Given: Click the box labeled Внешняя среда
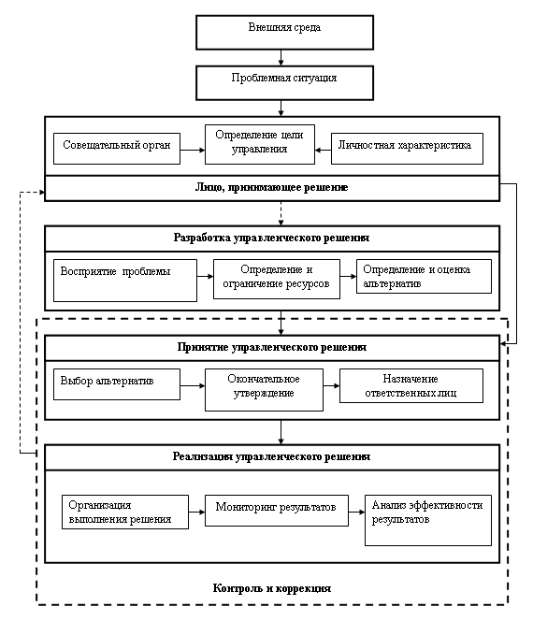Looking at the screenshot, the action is coord(284,33).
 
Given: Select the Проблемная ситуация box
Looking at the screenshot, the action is coord(284,83).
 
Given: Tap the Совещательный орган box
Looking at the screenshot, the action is coord(117,149).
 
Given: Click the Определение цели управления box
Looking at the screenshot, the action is coord(260,145).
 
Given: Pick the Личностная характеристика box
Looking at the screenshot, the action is coord(407,149).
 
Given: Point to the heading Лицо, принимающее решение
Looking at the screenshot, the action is coord(272,187).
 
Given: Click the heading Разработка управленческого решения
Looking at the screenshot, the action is coord(272,238).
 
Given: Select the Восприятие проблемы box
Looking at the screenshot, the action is coord(125,281).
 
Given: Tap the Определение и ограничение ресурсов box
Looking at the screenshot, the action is coord(277,279).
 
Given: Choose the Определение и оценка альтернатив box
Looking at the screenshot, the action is coord(424,276).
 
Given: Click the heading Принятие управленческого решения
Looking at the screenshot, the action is coord(272,347).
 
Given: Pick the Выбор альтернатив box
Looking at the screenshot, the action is coord(117,384).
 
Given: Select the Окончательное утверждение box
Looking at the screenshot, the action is coord(264,390).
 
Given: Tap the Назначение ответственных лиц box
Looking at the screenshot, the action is coord(411,385).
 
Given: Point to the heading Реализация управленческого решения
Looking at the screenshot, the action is coord(272,456).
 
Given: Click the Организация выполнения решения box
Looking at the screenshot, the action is coord(125,512).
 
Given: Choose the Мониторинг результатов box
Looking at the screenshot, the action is coord(277,510).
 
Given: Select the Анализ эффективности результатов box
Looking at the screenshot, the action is coord(427,520).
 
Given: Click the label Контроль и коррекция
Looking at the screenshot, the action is coord(272,588).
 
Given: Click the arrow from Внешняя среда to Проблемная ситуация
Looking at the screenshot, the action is coord(281,58).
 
